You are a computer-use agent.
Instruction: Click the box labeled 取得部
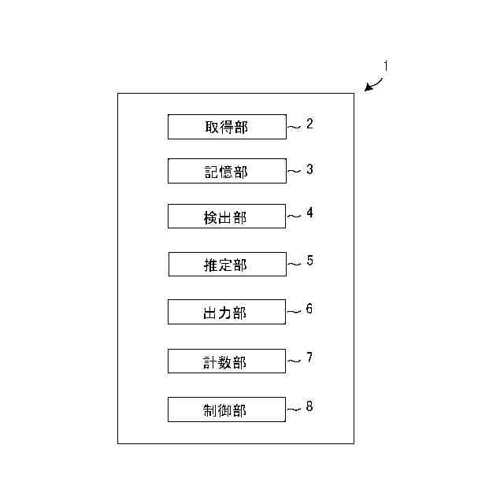coord(227,127)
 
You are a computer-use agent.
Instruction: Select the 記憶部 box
coord(227,171)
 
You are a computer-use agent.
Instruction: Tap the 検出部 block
coord(227,217)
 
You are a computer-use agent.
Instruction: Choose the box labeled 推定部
coord(227,265)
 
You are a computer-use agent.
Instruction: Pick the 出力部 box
coord(227,312)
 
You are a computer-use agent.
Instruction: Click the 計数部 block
coord(227,361)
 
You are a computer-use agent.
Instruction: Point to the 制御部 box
coord(227,409)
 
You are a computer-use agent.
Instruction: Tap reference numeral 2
coord(310,124)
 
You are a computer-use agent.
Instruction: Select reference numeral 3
coord(310,169)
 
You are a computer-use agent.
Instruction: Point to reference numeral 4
coord(310,213)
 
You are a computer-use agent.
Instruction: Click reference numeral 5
coord(310,261)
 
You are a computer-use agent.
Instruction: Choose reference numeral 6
coord(309,309)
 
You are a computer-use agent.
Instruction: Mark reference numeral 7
coord(309,358)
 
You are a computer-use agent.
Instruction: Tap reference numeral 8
coord(309,406)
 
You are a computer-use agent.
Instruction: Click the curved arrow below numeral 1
coord(374,85)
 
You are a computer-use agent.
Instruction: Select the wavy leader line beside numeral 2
coord(294,126)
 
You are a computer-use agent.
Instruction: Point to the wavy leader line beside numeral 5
coord(294,265)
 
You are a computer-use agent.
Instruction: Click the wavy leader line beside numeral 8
coord(294,409)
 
